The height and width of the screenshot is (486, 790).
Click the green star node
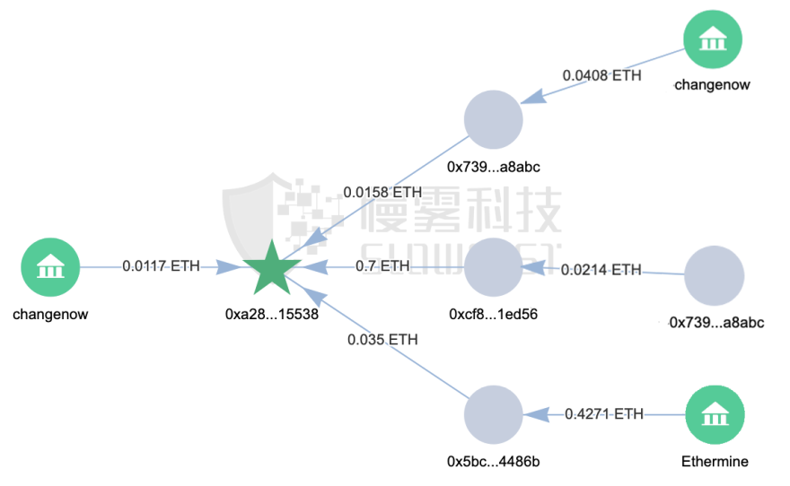[x=272, y=268]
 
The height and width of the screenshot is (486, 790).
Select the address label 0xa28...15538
[x=272, y=316]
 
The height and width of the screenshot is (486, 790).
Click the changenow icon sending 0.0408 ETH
[x=713, y=40]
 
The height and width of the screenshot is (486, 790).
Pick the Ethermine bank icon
[x=715, y=415]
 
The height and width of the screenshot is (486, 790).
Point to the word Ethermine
[x=715, y=462]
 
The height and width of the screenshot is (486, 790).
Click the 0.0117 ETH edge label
[x=162, y=266]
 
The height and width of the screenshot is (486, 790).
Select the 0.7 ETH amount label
[x=382, y=266]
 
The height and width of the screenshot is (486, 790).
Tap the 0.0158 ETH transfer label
[x=382, y=192]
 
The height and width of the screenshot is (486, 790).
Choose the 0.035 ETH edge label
[x=382, y=340]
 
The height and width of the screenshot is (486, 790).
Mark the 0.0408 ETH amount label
[x=602, y=75]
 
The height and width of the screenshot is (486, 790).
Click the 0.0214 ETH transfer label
[x=601, y=269]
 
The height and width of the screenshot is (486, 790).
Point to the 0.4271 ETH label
[x=604, y=413]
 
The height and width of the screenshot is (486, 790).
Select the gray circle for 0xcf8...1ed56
[x=493, y=267]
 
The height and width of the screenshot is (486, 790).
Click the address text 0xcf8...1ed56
[x=493, y=316]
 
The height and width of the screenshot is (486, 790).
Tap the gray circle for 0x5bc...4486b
[x=493, y=415]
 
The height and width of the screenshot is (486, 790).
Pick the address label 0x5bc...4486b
[x=493, y=462]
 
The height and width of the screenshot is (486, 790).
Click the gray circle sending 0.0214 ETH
[x=715, y=275]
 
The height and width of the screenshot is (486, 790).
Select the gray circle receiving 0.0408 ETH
[x=493, y=119]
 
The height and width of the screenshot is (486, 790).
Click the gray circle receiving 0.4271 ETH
[x=493, y=415]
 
